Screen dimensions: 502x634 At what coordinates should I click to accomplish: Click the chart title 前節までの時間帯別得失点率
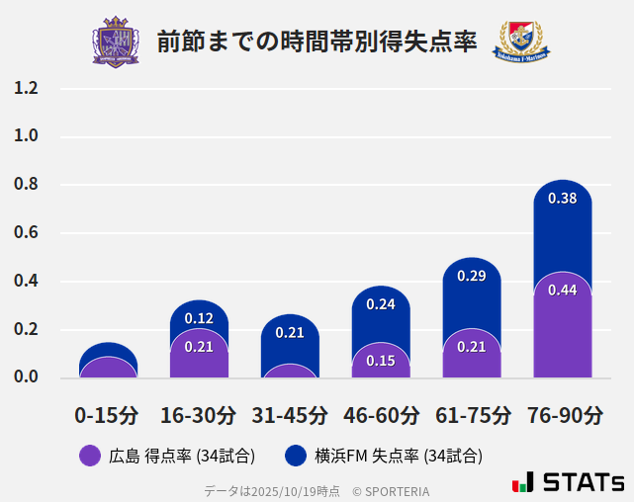pyautogui.click(x=317, y=42)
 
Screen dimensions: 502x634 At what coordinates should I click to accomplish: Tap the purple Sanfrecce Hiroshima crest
pyautogui.click(x=116, y=42)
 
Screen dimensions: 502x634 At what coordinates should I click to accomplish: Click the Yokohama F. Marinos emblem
pyautogui.click(x=520, y=42)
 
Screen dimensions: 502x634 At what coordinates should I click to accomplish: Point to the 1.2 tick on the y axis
pyautogui.click(x=26, y=88)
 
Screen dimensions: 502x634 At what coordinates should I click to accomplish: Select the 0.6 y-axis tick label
pyautogui.click(x=26, y=233)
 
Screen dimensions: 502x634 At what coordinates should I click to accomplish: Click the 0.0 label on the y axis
pyautogui.click(x=26, y=377)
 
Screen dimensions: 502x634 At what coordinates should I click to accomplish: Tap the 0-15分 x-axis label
pyautogui.click(x=107, y=415)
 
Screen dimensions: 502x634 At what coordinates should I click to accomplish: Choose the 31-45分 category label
pyautogui.click(x=289, y=415)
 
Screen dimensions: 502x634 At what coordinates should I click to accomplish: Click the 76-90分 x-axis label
pyautogui.click(x=562, y=415)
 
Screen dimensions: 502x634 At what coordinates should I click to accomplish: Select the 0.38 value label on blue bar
pyautogui.click(x=562, y=199)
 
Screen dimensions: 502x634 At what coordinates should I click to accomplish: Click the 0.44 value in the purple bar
pyautogui.click(x=562, y=291)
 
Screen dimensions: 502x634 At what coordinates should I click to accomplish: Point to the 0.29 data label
pyautogui.click(x=471, y=276)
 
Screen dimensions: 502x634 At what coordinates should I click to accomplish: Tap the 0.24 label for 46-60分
pyautogui.click(x=381, y=304)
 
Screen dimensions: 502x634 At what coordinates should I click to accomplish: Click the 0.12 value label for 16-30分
pyautogui.click(x=199, y=318)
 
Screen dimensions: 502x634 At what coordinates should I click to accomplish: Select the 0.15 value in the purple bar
pyautogui.click(x=381, y=362)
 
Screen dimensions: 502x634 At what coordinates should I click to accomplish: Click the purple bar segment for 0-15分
pyautogui.click(x=108, y=368)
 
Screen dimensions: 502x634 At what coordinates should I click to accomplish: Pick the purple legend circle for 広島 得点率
pyautogui.click(x=90, y=456)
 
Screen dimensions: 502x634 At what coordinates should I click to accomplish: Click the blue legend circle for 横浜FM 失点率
pyautogui.click(x=295, y=456)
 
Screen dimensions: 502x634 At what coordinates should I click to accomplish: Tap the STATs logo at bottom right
pyautogui.click(x=568, y=482)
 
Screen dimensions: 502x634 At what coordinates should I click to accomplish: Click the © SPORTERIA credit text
pyautogui.click(x=391, y=491)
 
